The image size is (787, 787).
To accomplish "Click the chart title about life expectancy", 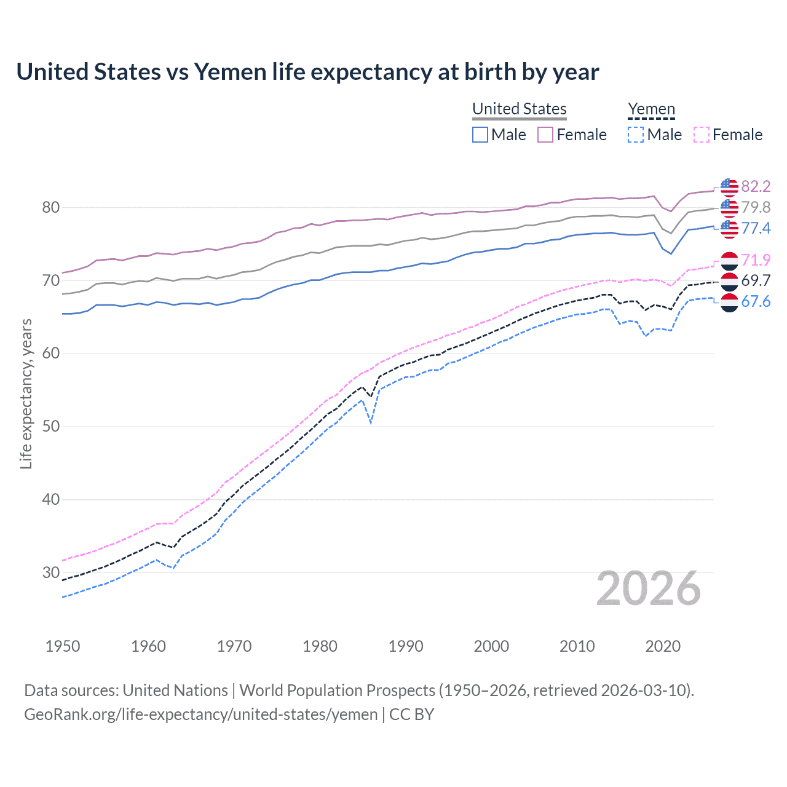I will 307,72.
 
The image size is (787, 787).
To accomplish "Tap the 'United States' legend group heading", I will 519,109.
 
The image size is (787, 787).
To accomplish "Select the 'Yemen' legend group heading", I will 651,109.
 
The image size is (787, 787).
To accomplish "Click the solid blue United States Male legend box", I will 480,135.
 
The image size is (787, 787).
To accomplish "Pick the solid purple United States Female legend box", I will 545,135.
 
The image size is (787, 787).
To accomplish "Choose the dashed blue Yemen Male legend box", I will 636,135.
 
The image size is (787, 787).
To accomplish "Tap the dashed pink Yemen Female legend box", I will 702,135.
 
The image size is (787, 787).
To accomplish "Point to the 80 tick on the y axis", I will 51,208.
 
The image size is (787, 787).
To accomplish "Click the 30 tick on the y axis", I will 51,572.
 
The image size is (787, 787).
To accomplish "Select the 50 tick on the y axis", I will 51,427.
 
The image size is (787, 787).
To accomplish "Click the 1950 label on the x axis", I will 63,646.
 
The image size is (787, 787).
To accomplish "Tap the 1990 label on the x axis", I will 406,646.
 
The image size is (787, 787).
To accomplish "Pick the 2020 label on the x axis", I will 663,646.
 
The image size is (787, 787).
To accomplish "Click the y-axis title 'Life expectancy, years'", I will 26,393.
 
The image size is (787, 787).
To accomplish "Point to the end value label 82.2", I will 756,186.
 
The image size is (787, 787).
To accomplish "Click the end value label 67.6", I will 756,301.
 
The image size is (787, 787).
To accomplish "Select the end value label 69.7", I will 756,280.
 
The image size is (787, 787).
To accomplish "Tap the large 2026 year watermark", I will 649,589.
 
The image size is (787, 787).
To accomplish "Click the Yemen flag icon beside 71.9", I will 729,261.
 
